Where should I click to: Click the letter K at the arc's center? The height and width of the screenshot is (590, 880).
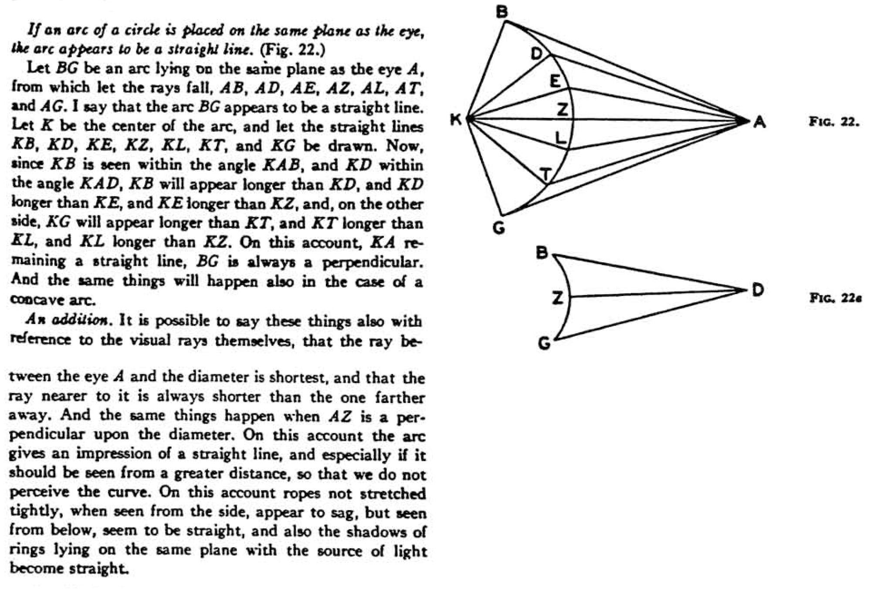coord(456,119)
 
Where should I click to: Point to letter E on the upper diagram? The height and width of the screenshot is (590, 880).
coord(555,81)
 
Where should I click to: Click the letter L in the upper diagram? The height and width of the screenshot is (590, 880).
coord(561,138)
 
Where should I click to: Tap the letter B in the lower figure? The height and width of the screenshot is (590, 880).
coord(542,253)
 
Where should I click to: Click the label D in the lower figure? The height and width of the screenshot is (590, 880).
coord(758,290)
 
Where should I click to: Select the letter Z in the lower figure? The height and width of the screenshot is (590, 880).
coord(557,298)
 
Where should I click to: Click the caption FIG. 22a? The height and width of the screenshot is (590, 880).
coord(835,298)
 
